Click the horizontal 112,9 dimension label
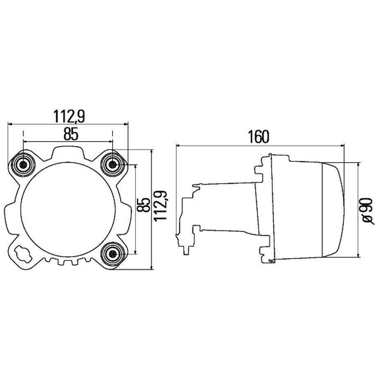[x=69, y=117]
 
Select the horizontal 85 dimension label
[x=71, y=134]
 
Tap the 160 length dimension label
[x=259, y=137]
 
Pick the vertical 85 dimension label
[x=143, y=205]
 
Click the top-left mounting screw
[x=23, y=165]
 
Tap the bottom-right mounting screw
[x=113, y=254]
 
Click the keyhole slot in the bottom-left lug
[x=23, y=254]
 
